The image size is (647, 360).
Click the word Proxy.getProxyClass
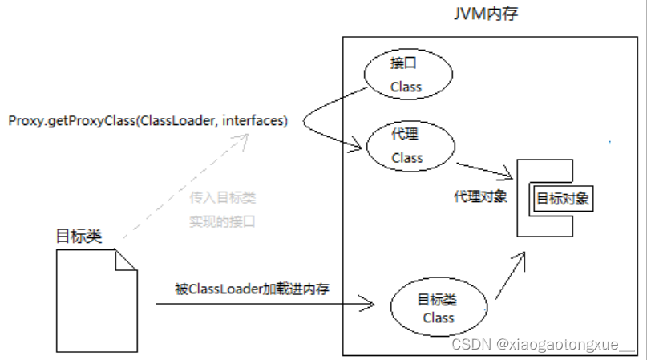pos(71,120)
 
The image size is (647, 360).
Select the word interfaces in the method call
pos(254,120)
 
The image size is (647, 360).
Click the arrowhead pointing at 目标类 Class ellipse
pos(370,304)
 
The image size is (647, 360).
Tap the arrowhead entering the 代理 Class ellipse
pos(357,145)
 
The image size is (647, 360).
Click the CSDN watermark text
pos(544,345)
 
